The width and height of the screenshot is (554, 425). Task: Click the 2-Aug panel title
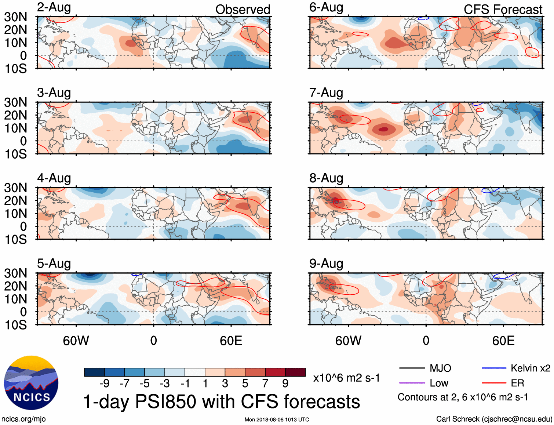coord(54,8)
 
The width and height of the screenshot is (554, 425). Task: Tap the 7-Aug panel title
coord(326,93)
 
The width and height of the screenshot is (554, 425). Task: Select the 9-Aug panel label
coord(326,264)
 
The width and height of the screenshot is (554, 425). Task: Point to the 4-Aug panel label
coord(54,178)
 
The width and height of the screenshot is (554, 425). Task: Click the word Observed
coord(243,10)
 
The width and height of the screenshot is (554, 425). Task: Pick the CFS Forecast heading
coord(503,10)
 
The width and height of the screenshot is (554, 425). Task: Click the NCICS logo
coord(31,383)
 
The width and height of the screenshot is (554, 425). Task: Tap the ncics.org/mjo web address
coord(23,419)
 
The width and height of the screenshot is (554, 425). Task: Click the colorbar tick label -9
coord(105,384)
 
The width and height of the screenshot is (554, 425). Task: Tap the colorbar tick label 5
coord(245,384)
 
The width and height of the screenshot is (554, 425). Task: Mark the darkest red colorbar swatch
coord(295,372)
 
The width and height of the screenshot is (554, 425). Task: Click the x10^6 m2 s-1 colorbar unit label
coord(346,378)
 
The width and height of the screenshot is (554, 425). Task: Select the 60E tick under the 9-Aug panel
coord(503,341)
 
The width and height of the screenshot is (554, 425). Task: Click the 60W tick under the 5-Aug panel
coord(76,341)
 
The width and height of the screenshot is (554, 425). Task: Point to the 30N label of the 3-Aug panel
coord(15,102)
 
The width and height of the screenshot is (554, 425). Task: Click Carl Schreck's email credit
coord(494,419)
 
